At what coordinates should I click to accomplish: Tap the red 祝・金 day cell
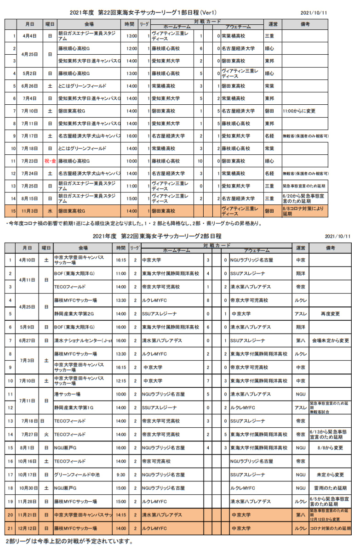[50, 161]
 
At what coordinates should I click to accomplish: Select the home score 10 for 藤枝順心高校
[200, 161]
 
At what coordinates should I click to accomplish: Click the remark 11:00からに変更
[299, 111]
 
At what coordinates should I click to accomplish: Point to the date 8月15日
[30, 199]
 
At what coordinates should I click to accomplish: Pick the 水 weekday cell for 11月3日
[50, 211]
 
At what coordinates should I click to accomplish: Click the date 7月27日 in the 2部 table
[29, 434]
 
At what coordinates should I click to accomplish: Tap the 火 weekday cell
[46, 434]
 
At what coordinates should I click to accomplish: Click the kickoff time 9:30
[121, 475]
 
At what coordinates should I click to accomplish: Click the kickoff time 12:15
[121, 381]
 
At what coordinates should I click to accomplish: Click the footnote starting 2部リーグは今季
[69, 541]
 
